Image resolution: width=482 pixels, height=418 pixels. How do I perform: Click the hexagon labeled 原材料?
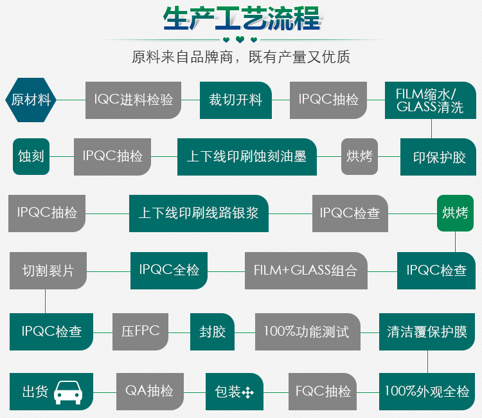(31, 100)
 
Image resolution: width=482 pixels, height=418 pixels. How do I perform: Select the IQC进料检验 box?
(134, 100)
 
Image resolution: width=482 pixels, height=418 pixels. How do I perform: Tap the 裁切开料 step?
(235, 100)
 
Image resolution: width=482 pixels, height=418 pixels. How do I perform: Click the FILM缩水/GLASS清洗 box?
(430, 100)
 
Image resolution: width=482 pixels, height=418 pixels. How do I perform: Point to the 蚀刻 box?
(31, 156)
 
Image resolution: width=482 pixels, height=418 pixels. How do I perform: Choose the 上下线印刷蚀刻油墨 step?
(247, 156)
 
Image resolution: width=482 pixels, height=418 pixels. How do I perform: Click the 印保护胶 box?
(439, 157)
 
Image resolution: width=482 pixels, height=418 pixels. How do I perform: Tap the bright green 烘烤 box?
(455, 213)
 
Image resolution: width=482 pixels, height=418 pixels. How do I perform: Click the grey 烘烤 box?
(359, 156)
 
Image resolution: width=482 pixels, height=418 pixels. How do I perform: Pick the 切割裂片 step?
(48, 270)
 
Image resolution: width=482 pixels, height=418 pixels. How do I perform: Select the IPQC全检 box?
(169, 270)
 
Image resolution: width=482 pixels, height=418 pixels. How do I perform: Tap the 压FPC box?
(140, 332)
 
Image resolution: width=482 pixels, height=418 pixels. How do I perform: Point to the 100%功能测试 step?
(307, 332)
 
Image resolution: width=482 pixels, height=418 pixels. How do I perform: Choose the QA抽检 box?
(149, 391)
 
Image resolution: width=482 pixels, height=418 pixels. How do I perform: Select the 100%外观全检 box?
(427, 391)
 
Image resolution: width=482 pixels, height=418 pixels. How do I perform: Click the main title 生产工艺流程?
(241, 19)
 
